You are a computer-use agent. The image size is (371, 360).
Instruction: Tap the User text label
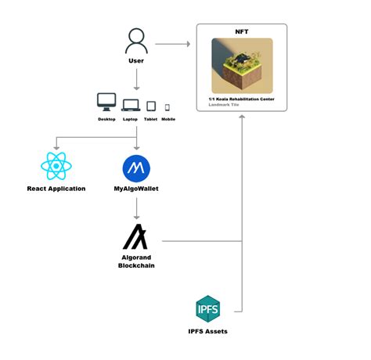point(136,60)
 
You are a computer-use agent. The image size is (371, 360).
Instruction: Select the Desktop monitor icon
point(106,103)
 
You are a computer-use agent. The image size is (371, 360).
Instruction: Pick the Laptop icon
point(130,104)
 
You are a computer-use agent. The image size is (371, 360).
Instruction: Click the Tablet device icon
point(151,106)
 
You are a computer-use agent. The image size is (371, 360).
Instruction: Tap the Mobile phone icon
point(167,107)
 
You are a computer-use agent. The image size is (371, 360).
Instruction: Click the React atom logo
point(55,167)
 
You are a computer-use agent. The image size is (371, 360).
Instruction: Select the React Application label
point(56,189)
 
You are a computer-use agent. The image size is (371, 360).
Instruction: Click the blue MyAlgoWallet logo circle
point(136,167)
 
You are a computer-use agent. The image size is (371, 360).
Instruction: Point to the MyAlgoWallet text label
point(136,189)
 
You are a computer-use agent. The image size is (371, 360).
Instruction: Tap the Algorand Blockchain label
point(136,262)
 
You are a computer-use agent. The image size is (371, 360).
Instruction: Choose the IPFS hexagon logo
point(207,308)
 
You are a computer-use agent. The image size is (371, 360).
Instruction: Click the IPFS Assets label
point(207,332)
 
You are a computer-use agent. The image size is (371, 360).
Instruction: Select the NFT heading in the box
point(241,31)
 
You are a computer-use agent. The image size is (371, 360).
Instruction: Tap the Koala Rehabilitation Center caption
point(242,98)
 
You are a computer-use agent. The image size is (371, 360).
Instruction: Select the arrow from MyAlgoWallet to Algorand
point(136,207)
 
